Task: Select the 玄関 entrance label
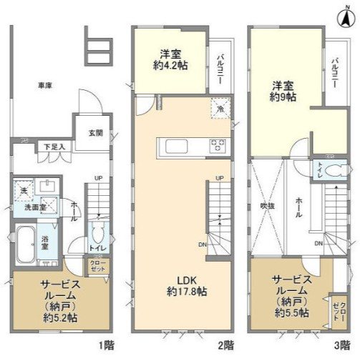(95, 133)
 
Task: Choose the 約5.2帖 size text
(60, 317)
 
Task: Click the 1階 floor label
(106, 346)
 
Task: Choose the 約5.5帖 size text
(289, 312)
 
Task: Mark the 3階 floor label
(344, 346)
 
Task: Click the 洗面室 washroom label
(34, 208)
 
